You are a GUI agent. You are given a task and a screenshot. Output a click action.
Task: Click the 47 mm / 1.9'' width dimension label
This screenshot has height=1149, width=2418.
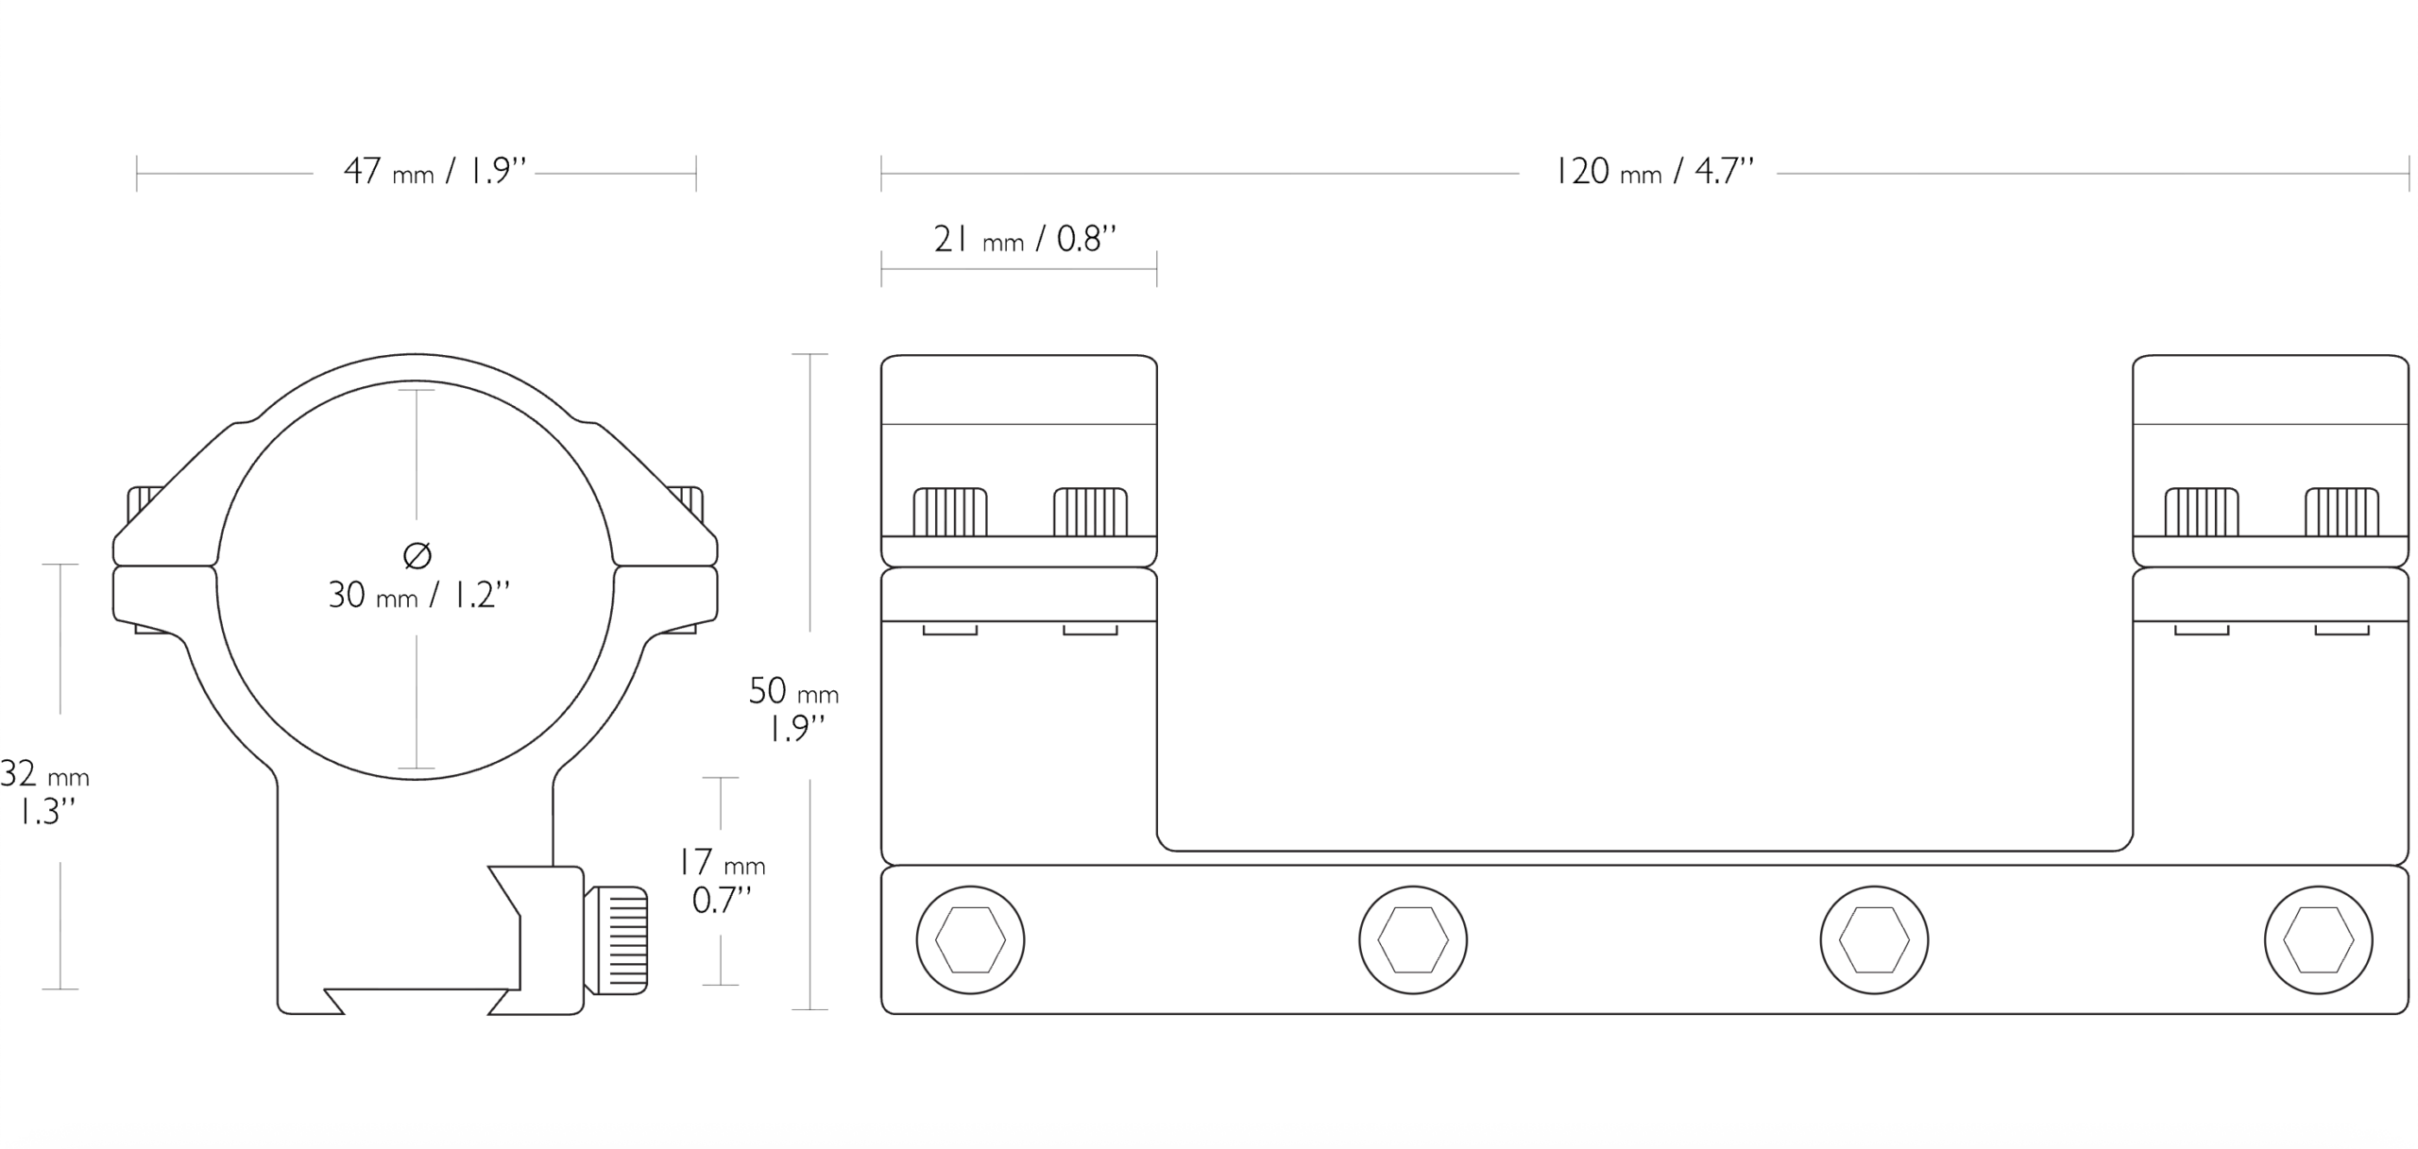click(x=434, y=172)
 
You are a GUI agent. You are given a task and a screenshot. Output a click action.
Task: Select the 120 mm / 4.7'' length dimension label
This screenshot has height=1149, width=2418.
click(x=1654, y=172)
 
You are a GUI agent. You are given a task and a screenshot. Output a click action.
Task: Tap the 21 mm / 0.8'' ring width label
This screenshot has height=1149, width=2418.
click(x=1025, y=240)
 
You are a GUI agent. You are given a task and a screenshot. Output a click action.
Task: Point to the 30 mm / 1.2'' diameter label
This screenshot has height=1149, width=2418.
click(x=419, y=595)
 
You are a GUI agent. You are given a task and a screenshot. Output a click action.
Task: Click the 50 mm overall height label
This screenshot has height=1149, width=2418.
click(x=793, y=709)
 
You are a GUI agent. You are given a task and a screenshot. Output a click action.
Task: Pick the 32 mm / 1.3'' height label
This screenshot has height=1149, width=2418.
click(x=44, y=793)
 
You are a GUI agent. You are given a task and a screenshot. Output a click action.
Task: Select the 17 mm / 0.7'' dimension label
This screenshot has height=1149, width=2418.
click(x=722, y=882)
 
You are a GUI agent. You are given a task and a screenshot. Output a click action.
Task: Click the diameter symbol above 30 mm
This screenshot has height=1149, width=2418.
click(x=417, y=555)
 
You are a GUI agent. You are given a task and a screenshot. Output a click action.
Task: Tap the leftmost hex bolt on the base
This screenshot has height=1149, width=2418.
click(x=970, y=939)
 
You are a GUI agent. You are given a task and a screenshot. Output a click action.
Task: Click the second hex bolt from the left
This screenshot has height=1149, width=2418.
click(x=1413, y=939)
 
